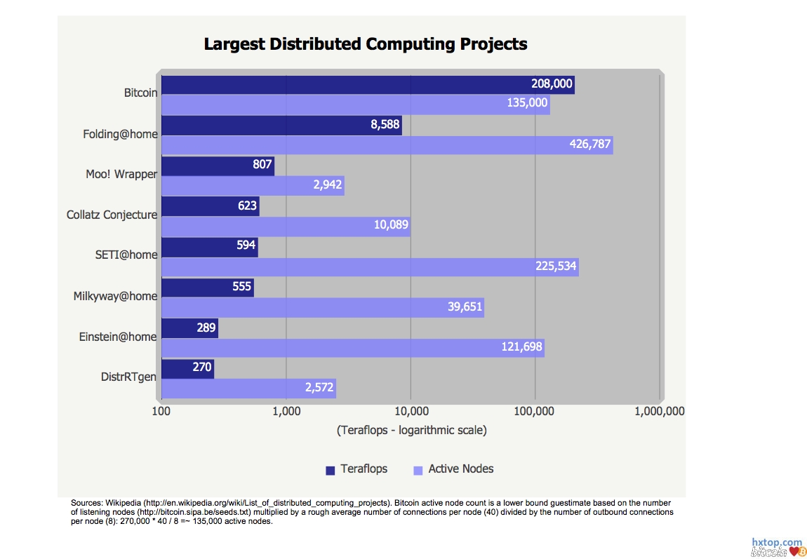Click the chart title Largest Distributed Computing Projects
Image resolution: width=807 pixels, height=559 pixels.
click(x=365, y=44)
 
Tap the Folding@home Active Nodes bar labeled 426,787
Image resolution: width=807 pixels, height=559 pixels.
click(x=387, y=145)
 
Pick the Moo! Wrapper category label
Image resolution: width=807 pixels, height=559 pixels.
click(x=121, y=174)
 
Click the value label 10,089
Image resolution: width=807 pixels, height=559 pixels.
click(x=389, y=226)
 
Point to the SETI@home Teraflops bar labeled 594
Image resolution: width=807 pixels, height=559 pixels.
click(x=210, y=247)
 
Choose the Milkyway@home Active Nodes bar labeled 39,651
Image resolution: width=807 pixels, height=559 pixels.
click(x=322, y=307)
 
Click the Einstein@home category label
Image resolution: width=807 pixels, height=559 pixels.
click(x=118, y=337)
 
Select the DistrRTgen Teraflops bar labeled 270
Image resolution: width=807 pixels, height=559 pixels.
click(x=187, y=368)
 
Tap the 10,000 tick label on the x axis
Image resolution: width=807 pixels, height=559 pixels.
click(x=411, y=412)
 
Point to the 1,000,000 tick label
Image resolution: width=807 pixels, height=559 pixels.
click(x=659, y=412)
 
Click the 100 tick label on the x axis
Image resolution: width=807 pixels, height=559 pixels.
click(x=162, y=412)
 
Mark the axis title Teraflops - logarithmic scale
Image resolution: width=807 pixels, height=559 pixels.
click(x=411, y=430)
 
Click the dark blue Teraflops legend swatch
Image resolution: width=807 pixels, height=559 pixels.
click(x=331, y=470)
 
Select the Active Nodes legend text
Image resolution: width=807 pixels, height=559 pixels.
click(x=461, y=469)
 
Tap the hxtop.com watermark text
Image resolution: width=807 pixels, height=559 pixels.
click(x=776, y=542)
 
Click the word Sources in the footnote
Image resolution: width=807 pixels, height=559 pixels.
click(x=87, y=503)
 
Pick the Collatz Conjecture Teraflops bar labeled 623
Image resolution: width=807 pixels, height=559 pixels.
click(x=211, y=207)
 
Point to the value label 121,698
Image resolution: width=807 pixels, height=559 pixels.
click(x=521, y=348)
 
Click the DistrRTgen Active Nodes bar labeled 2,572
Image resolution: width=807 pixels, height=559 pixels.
click(x=248, y=389)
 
